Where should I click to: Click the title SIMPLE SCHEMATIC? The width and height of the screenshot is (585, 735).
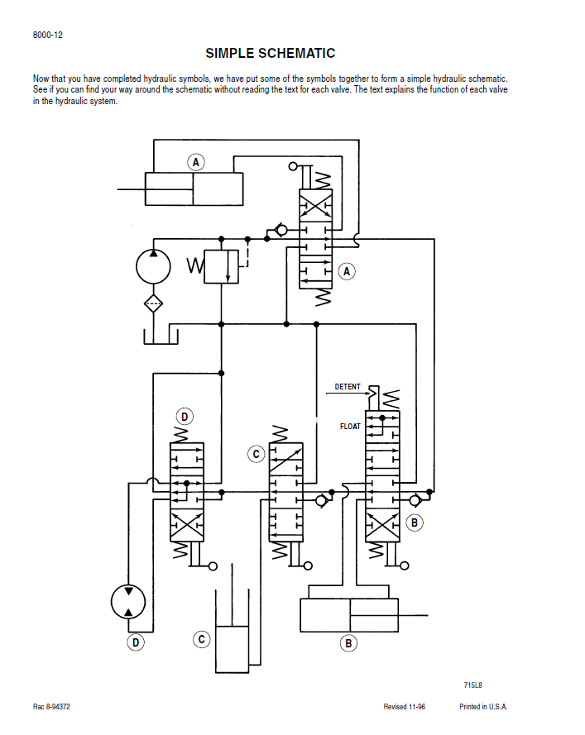coord(271,54)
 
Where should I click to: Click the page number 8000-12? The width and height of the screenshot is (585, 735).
coord(47,36)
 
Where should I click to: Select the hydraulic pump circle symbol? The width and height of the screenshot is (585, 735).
coord(153,267)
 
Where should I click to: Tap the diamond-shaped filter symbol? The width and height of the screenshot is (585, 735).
coord(153,303)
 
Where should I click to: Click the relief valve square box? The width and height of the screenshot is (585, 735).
coord(221,267)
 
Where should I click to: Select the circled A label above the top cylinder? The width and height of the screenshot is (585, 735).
coord(196,163)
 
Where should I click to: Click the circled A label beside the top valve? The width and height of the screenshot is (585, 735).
coord(347,271)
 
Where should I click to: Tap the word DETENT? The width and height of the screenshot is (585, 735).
coord(348,387)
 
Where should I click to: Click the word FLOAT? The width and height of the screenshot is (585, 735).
coord(350,426)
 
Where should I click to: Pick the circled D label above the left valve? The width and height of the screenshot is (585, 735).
coord(185,417)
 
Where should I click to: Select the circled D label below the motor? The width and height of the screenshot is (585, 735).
coord(136,642)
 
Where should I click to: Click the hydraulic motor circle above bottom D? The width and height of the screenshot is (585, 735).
coord(128,602)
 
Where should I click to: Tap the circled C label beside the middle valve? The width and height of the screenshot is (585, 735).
coord(257,454)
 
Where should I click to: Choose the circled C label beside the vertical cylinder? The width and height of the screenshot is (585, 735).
coord(202,639)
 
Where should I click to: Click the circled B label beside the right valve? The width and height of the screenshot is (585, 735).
coord(415,523)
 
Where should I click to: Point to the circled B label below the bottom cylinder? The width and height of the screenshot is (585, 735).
coord(348,643)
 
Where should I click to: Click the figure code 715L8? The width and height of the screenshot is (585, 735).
coord(472,685)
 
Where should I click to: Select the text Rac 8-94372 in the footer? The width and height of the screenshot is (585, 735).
coord(51,707)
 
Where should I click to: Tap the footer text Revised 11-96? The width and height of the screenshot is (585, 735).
coord(405,707)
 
